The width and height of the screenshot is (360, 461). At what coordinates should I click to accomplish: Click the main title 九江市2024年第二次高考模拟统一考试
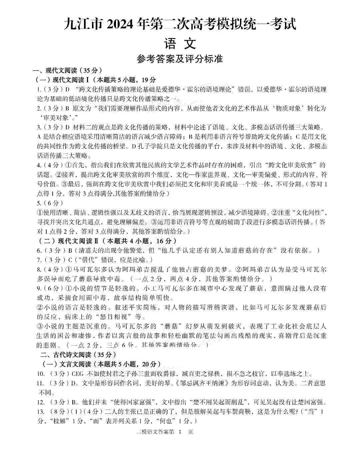click(x=180, y=25)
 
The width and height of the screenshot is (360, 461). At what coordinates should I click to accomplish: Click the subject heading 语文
click(x=180, y=43)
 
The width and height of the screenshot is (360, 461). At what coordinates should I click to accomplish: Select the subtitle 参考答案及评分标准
click(x=180, y=59)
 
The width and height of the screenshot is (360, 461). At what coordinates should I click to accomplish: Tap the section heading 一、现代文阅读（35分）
click(x=67, y=70)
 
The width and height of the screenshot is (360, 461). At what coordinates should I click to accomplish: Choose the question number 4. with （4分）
click(x=39, y=165)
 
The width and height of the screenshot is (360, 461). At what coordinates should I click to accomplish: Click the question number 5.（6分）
click(x=39, y=203)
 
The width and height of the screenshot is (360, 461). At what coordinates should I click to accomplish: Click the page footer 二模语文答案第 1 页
click(x=165, y=432)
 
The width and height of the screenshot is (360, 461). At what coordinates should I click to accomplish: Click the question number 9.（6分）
click(x=39, y=288)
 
